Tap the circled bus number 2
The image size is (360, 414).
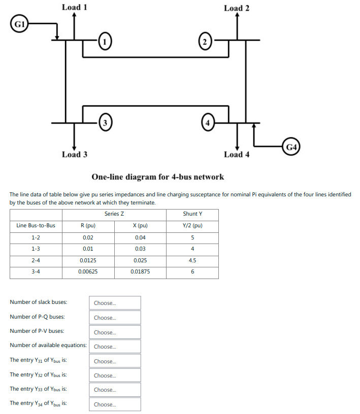[x=205, y=41]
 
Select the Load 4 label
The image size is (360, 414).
[x=237, y=154]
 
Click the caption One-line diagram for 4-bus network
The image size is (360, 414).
[x=157, y=177]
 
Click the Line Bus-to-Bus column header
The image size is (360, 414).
[x=36, y=225]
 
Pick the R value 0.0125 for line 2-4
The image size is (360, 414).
[x=88, y=260]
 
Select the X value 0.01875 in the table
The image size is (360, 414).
[x=140, y=272]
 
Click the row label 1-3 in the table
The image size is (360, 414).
[x=36, y=249]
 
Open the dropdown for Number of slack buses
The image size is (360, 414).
[x=115, y=303]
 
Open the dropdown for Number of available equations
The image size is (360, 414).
[x=115, y=347]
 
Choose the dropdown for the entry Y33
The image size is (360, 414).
[x=115, y=390]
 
